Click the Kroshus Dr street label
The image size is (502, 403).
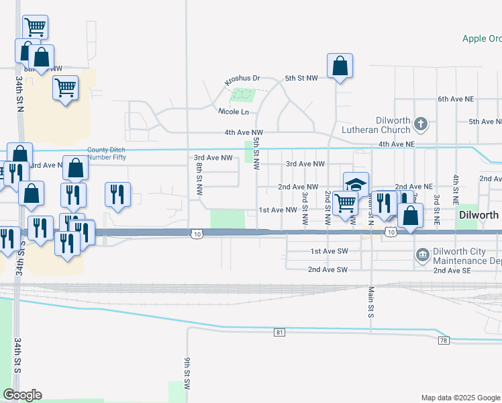click(x=242, y=79)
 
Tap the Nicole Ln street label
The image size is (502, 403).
click(x=233, y=111)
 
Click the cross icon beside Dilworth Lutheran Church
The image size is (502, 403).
click(x=421, y=124)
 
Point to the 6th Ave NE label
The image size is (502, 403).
click(x=456, y=99)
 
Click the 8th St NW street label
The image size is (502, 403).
click(x=199, y=178)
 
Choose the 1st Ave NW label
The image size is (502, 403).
click(x=278, y=210)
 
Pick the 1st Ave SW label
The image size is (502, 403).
click(x=329, y=251)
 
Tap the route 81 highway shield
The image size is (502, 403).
click(x=279, y=332)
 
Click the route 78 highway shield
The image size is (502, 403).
click(x=444, y=341)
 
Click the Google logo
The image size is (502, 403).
click(x=23, y=395)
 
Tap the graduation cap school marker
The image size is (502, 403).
click(x=356, y=184)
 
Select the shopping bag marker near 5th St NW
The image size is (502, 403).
click(x=340, y=66)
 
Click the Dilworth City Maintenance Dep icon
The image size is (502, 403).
click(x=423, y=254)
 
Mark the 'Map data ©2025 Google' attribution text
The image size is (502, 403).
click(x=460, y=398)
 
